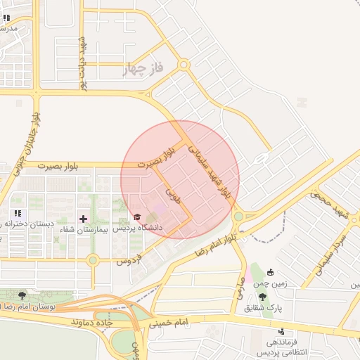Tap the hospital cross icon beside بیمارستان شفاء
pos(84,218)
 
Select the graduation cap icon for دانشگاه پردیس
pos(137,217)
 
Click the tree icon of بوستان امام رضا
pos(22,296)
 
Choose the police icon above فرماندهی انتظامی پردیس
pos(282,331)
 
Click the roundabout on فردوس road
pos(93,261)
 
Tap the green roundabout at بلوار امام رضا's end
pos(238,217)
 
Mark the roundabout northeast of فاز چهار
pos(184,65)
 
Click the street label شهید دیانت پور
pos(82,62)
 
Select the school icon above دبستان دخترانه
pos(17,213)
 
